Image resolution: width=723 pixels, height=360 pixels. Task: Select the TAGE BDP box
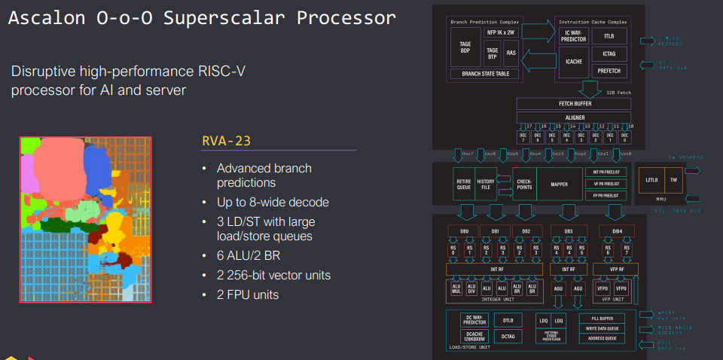pyautogui.click(x=465, y=47)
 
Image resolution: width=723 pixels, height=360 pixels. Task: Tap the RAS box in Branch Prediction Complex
pyautogui.click(x=511, y=53)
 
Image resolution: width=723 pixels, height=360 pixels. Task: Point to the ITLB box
pyautogui.click(x=609, y=35)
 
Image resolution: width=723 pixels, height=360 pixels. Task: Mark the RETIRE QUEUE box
pyautogui.click(x=464, y=183)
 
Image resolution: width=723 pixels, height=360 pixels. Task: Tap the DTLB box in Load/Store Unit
pyautogui.click(x=508, y=319)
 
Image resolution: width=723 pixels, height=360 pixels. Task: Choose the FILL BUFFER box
pyautogui.click(x=601, y=318)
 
